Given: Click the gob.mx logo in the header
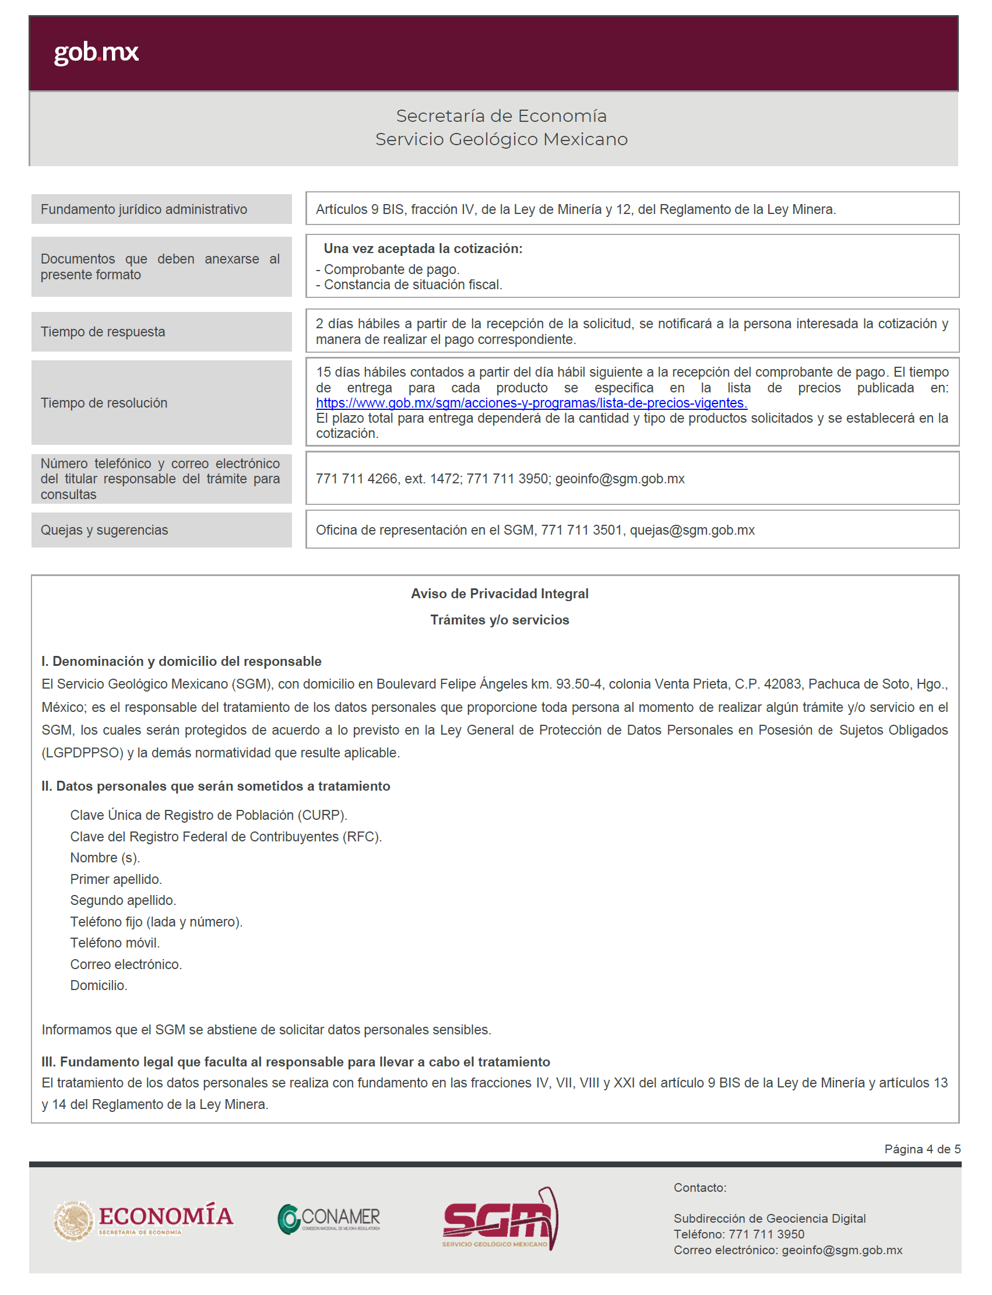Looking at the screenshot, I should [96, 52].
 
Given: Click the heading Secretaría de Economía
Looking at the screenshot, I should [501, 116].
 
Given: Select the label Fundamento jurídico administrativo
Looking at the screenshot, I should [143, 209].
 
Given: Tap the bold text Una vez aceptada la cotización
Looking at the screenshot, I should [423, 249].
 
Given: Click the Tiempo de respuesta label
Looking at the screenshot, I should [103, 332].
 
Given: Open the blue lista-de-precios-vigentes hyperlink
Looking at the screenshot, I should [532, 403].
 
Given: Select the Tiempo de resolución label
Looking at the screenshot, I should [104, 403].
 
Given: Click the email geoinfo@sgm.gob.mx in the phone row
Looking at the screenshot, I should [620, 479].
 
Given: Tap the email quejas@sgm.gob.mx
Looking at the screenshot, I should [692, 530].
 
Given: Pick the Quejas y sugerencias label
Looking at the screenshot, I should [104, 530].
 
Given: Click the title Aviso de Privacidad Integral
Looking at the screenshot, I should [499, 594].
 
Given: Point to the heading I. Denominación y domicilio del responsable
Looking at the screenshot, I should [181, 661].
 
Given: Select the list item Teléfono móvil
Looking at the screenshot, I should [115, 943].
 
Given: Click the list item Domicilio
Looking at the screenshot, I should [99, 985].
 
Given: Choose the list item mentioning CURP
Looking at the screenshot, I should [209, 815].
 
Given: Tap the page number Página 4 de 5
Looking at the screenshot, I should [921, 1149].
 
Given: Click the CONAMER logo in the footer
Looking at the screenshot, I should [329, 1219].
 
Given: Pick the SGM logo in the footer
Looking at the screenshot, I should [499, 1219].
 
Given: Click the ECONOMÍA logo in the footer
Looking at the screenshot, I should [143, 1220].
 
